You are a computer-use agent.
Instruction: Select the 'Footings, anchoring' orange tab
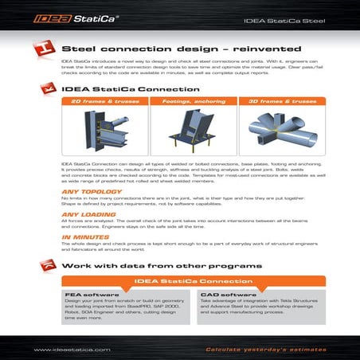pos(182,102)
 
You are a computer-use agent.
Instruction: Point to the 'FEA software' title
pos(80,294)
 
